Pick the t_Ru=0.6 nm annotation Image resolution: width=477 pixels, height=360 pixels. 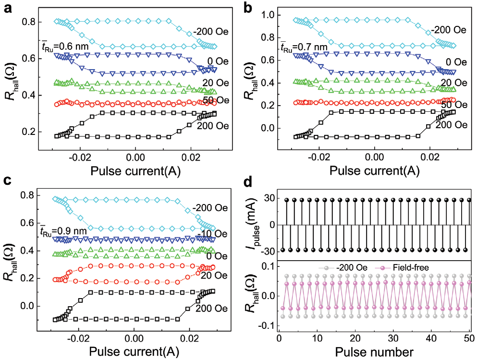(64, 47)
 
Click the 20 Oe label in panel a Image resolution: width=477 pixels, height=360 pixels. (212, 84)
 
